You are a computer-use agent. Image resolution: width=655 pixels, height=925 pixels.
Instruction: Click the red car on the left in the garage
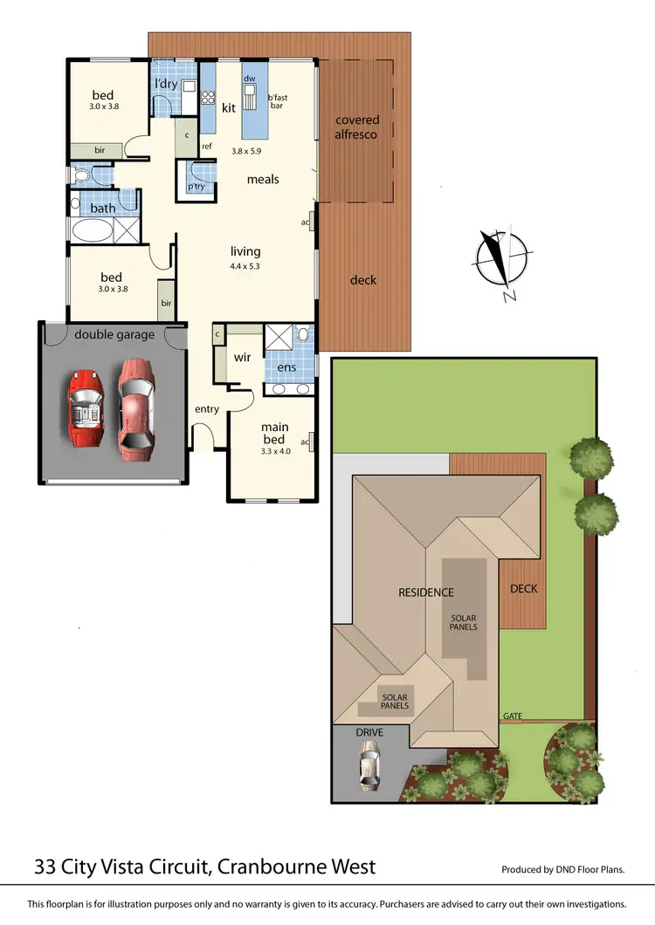pos(85,408)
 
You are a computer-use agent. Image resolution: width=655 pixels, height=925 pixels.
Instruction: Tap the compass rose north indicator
pos(500,260)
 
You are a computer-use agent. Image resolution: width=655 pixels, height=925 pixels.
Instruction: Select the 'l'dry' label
pos(167,84)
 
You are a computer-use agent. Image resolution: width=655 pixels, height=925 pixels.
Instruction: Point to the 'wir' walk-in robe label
pos(242,357)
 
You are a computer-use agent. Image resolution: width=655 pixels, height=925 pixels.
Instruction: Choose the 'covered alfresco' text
pos(357,127)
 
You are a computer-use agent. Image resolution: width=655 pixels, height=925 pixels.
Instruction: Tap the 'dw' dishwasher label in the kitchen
pos(250,79)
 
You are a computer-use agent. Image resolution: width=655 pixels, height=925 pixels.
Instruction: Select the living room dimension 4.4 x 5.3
pos(245,266)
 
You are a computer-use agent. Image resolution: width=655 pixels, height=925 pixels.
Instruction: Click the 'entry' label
pos(207,409)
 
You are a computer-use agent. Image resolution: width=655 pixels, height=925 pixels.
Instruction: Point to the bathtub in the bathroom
pos(92,231)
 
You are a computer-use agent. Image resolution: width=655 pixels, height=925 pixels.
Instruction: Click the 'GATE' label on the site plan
pos(513,716)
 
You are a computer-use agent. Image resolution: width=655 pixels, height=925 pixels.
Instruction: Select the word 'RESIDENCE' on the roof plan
pos(426,593)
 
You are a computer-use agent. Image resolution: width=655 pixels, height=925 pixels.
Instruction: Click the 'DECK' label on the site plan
pos(523,588)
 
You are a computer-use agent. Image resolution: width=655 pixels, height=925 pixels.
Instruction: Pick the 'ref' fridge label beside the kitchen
pos(207,146)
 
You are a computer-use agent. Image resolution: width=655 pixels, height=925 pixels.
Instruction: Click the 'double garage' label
pos(114,334)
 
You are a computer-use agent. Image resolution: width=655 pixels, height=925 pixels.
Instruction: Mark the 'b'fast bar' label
pos(278,101)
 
